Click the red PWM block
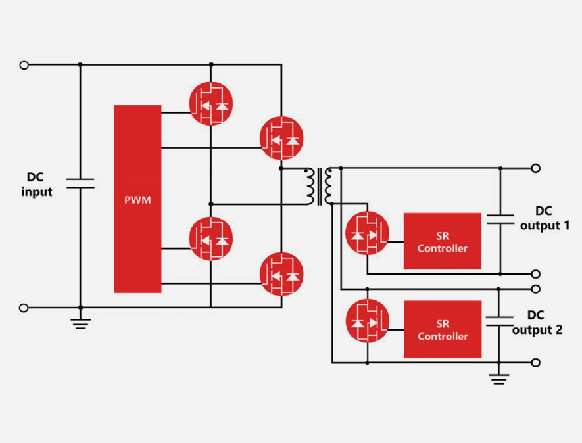pos(137,198)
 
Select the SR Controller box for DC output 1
pos(442,241)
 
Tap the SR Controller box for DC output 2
pos(442,329)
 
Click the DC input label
pos(36,185)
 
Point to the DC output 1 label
pos(543,218)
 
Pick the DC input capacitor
pos(80,183)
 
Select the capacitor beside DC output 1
pos(500,219)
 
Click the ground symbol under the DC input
pos(80,321)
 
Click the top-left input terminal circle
pos(25,64)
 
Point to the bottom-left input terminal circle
pos(25,307)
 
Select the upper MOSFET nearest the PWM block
pos(211,103)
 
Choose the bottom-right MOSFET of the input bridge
pos(281,274)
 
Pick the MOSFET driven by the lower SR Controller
pos(367,321)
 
